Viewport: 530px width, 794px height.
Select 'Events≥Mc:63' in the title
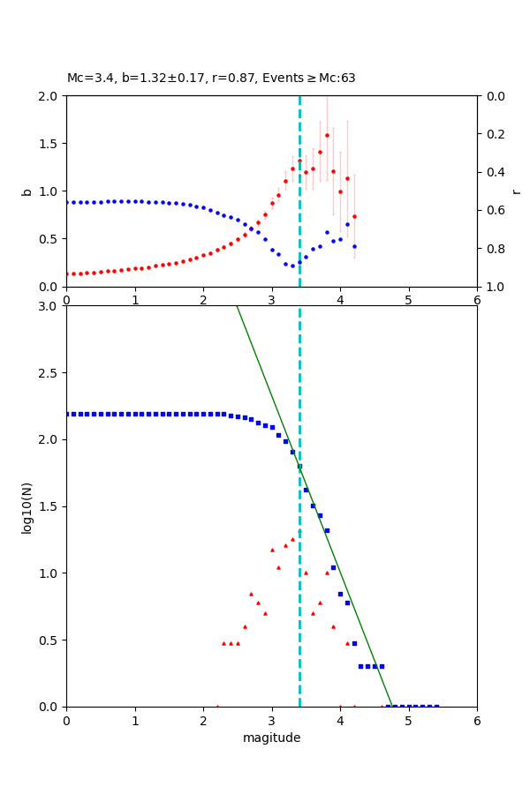311,79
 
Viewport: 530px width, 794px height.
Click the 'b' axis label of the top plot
26,191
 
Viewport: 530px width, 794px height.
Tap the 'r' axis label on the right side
516,191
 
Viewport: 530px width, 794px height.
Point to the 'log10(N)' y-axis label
26,506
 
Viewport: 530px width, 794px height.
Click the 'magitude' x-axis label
271,738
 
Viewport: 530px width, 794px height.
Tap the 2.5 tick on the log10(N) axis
49,373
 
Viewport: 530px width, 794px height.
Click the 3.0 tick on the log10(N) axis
49,306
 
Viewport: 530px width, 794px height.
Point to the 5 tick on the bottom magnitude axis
408,721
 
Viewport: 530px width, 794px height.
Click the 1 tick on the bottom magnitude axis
135,721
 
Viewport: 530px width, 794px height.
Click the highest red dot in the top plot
327,135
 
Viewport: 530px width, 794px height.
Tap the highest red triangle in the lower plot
292,539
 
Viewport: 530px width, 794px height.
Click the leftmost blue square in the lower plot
67,414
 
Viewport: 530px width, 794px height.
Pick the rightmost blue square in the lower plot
436,706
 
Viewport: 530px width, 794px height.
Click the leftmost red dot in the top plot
67,273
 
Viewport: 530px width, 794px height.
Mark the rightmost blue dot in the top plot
354,246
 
